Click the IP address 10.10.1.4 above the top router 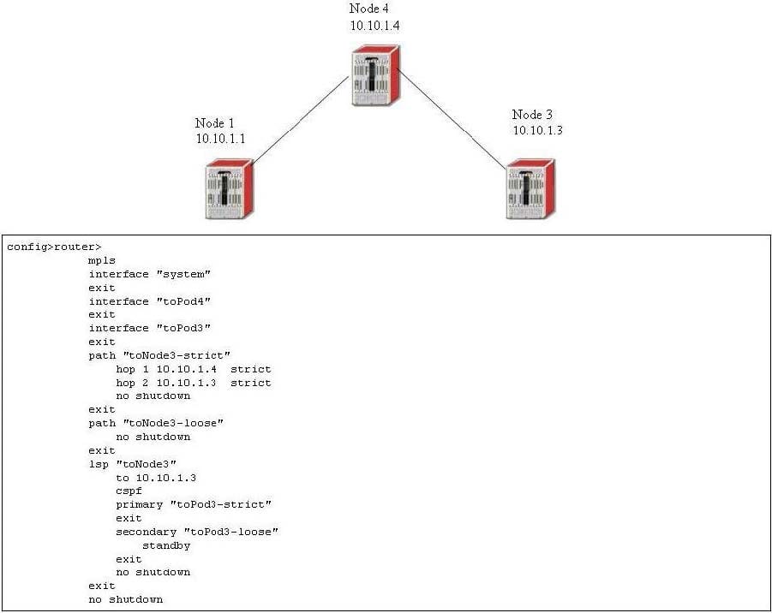click(x=374, y=26)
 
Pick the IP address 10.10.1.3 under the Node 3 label click(x=537, y=130)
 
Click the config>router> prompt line click(x=54, y=247)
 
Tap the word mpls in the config click(x=102, y=260)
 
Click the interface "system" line click(x=150, y=274)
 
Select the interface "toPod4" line click(x=150, y=301)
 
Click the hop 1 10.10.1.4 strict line click(x=194, y=369)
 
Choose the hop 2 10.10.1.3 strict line click(x=194, y=383)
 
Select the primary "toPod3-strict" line click(x=194, y=504)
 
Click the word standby click(x=166, y=545)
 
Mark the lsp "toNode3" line click(x=133, y=464)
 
